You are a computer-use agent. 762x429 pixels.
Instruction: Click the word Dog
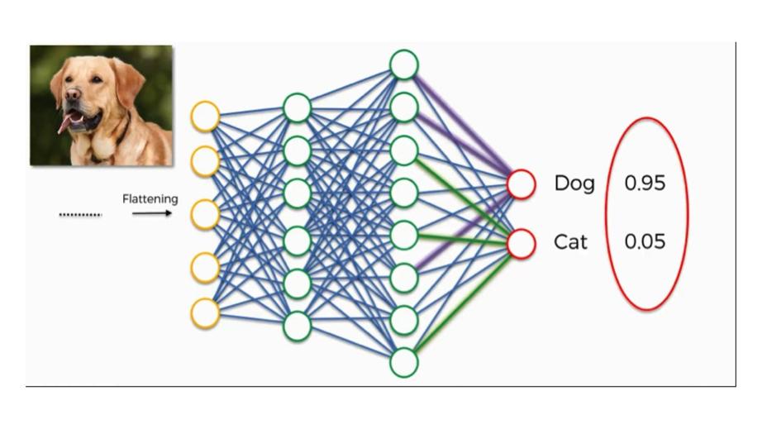click(x=574, y=184)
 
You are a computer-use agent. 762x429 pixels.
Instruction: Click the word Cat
click(x=571, y=242)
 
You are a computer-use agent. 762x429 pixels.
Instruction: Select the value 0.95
click(x=645, y=184)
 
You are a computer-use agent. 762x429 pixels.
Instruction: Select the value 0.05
click(x=645, y=242)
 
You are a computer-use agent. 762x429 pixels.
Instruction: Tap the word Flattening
click(x=150, y=199)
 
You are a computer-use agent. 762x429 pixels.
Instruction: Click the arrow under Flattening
click(x=152, y=213)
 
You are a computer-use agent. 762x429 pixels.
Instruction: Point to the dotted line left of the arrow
click(x=80, y=215)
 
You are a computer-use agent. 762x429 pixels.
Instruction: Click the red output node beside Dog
click(x=521, y=184)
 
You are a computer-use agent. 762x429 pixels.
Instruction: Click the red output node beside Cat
click(x=521, y=244)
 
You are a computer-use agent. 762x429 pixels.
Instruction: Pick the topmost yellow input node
click(x=205, y=116)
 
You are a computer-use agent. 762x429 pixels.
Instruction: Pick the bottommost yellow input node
click(x=205, y=313)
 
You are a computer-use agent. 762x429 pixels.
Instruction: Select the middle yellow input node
click(x=205, y=215)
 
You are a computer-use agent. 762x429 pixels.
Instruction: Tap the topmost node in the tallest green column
click(x=403, y=64)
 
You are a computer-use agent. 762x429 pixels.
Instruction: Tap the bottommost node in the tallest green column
click(x=403, y=362)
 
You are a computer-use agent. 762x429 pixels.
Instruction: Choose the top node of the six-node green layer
click(x=297, y=107)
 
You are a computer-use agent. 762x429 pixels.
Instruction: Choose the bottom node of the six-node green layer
click(x=297, y=326)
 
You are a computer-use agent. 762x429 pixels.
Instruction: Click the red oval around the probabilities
click(x=688, y=213)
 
